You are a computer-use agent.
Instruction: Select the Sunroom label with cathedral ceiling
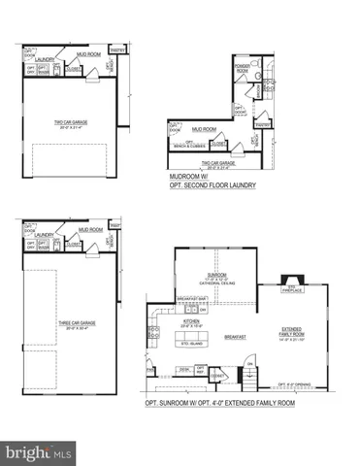coord(216,278)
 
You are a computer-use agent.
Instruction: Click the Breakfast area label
coord(234,337)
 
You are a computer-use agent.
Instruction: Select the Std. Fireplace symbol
coord(288,287)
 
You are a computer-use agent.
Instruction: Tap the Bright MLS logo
coord(39,452)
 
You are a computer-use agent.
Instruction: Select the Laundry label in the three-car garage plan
coord(43,235)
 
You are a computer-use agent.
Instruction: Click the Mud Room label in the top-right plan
coord(204,128)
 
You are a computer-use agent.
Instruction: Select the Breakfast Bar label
coord(189,299)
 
